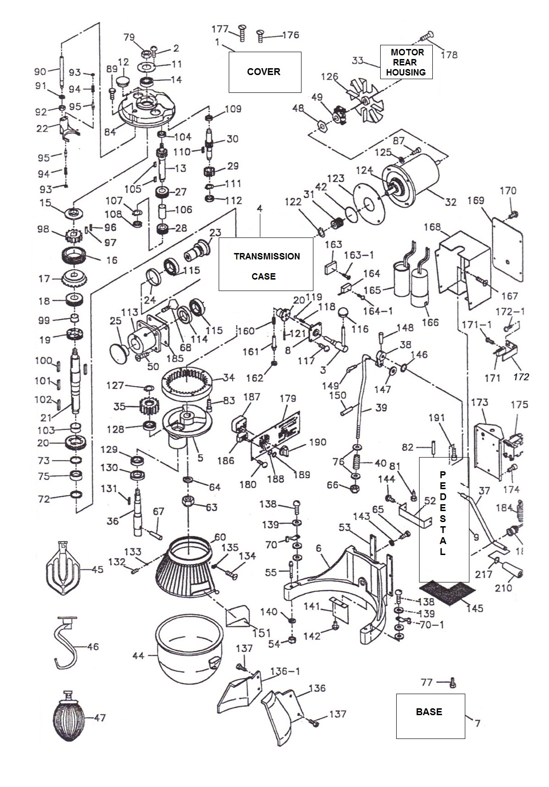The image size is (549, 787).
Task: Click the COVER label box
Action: point(264,72)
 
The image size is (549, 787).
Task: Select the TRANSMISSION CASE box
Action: point(266,264)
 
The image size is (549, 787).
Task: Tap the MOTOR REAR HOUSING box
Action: point(406,62)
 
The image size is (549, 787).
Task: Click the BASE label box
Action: point(430,716)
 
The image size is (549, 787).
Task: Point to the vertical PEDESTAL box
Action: point(443,519)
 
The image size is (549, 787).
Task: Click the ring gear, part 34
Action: point(188,379)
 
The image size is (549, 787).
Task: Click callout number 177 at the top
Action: point(220,29)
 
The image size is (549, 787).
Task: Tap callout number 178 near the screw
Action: point(449,54)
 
